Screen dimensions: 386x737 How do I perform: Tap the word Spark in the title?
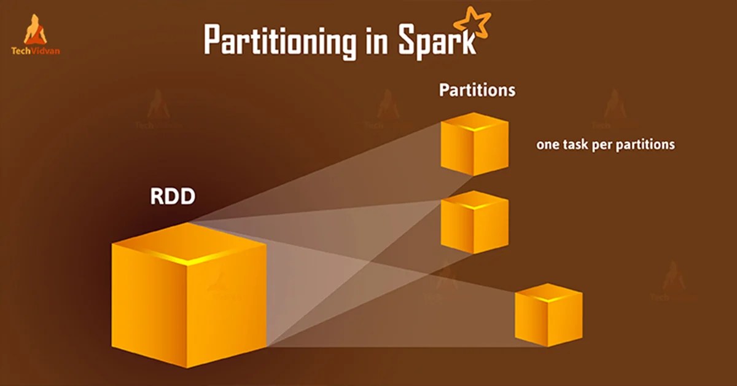coord(437,41)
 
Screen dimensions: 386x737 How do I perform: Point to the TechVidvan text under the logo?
coord(36,52)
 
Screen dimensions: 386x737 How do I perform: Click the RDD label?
coord(172,197)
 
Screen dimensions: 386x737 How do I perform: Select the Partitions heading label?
coord(477,90)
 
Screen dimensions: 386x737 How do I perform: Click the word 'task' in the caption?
coord(576,145)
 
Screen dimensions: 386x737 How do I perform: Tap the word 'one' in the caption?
coord(548,145)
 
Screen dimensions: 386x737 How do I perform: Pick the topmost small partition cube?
coord(474,144)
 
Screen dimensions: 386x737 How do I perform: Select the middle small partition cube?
coord(474,222)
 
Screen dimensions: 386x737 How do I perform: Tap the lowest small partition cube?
coord(548,315)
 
